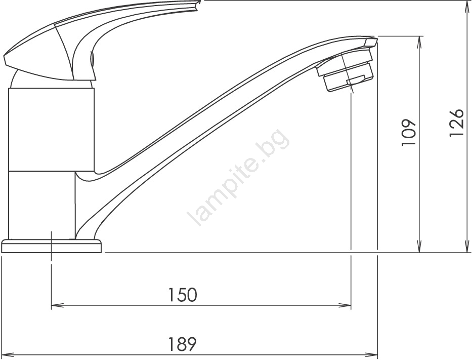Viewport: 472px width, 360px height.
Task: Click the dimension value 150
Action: tap(182, 295)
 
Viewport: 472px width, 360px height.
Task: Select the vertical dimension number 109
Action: tap(408, 133)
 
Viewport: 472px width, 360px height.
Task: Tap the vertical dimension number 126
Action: tap(456, 123)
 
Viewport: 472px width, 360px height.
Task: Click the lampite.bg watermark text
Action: tap(238, 178)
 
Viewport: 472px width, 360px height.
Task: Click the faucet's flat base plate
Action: tap(52, 246)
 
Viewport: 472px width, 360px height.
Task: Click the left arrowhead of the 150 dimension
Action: tap(56, 305)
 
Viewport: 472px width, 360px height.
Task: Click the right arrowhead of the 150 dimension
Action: tap(346, 305)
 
